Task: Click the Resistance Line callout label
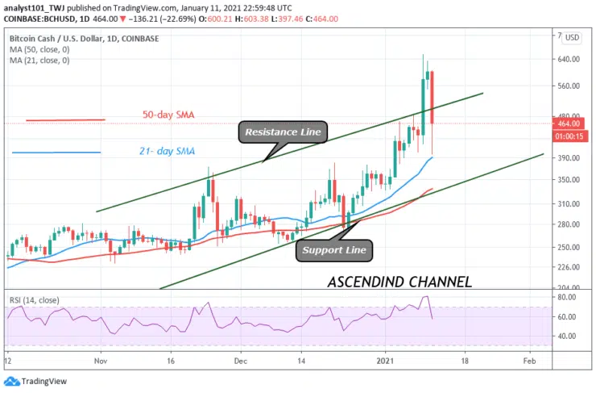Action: (283, 132)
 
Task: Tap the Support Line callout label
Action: (334, 250)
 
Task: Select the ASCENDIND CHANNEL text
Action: (399, 282)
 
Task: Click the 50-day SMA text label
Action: (168, 115)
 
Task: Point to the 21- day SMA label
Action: (168, 151)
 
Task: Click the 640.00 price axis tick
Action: (569, 60)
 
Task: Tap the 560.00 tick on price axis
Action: (569, 86)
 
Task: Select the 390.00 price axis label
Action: (569, 158)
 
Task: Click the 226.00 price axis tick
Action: (569, 267)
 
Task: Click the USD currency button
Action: (572, 37)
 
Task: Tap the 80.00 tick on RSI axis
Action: (567, 298)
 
